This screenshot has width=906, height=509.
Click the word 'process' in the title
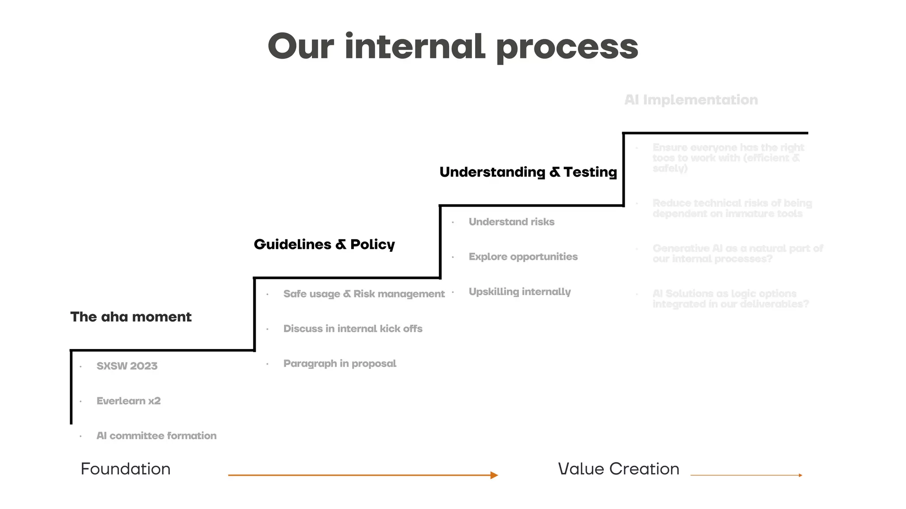tap(567, 48)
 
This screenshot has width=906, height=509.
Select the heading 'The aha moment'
tap(131, 317)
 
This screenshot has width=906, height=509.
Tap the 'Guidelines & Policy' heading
tap(324, 244)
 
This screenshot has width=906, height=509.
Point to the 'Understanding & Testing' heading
tap(528, 172)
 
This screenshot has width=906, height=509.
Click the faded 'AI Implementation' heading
tap(691, 100)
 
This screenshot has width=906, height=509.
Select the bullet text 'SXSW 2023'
tap(127, 366)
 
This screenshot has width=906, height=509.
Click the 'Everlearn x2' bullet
tap(129, 401)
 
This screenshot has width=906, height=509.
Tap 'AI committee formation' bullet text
tap(157, 436)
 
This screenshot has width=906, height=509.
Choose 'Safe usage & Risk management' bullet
tap(364, 294)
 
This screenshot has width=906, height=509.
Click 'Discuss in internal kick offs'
tap(353, 329)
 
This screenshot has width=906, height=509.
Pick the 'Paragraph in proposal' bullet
tap(340, 364)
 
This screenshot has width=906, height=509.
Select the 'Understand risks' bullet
tap(511, 222)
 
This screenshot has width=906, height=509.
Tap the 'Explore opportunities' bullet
tap(523, 257)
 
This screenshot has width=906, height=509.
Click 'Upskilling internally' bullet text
tap(520, 292)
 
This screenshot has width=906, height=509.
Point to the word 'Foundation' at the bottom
tap(126, 469)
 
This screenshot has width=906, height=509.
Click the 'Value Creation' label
tap(618, 469)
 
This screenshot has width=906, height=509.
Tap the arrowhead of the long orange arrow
tap(495, 475)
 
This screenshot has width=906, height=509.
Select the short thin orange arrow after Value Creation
tap(746, 475)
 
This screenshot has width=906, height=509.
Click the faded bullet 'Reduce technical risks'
tap(732, 209)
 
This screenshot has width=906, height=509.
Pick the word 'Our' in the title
tap(301, 47)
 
